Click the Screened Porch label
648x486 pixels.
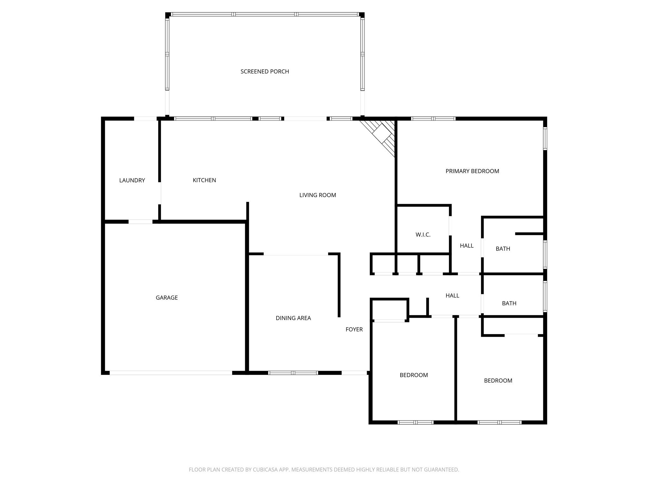click(265, 72)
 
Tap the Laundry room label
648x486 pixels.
click(132, 180)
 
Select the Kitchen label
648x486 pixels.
click(204, 180)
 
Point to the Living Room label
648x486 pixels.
click(317, 195)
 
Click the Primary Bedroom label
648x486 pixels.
click(472, 171)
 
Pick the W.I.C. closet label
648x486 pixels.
click(423, 235)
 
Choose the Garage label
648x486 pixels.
click(166, 297)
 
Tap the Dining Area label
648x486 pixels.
click(293, 318)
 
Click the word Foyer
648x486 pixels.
click(354, 329)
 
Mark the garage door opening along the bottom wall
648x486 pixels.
click(171, 373)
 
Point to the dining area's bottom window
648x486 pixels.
click(293, 373)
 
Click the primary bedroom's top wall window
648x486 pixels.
click(433, 119)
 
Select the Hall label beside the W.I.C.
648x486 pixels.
click(466, 246)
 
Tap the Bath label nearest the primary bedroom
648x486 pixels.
click(503, 249)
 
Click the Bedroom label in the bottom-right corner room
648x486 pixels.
click(498, 381)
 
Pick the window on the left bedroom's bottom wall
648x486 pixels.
click(415, 422)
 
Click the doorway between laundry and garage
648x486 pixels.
click(140, 221)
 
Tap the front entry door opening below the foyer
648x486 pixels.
click(354, 373)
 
